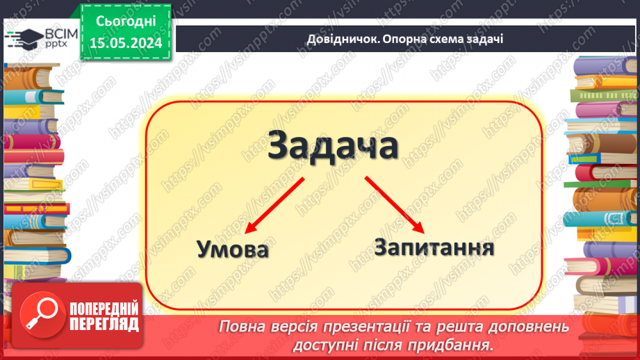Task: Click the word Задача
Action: coord(334,148)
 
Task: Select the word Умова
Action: coord(232,249)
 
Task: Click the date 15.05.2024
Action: coord(126,44)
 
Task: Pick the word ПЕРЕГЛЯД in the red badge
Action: coord(103,325)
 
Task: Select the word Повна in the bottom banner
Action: coord(241,327)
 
